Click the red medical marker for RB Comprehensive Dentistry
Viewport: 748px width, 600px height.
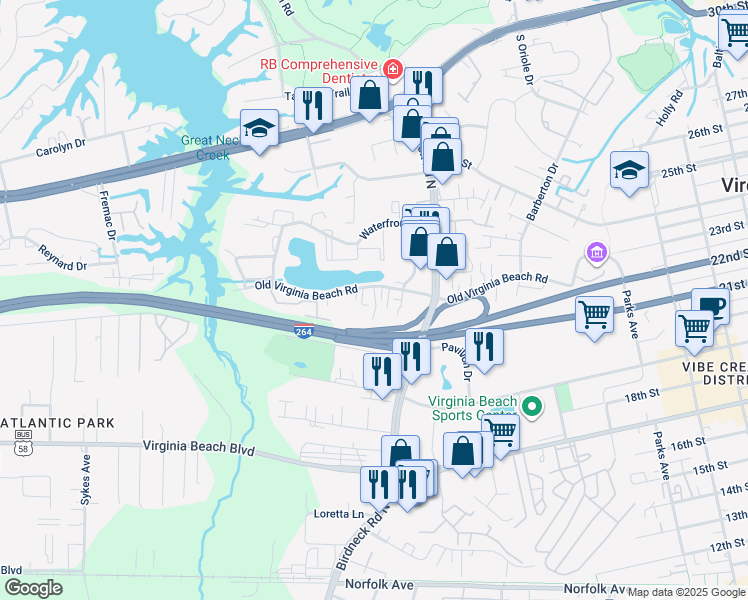[394, 70]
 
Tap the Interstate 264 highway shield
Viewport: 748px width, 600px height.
[303, 331]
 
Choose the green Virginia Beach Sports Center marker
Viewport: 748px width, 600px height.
[532, 406]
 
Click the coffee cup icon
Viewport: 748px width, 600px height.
[710, 305]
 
